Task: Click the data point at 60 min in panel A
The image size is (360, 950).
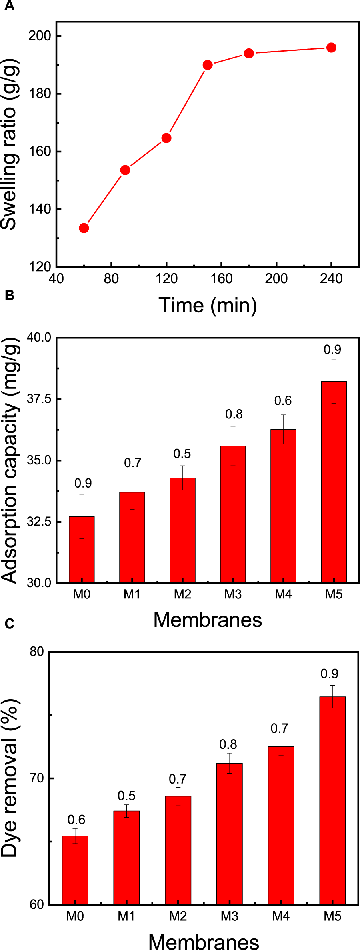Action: coord(84,228)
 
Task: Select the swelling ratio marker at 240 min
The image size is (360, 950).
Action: coord(331,48)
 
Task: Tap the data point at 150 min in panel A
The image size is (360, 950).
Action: coord(208,65)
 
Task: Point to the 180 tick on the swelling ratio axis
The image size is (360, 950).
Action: coord(40,94)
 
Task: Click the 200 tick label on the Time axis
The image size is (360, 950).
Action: coord(276,278)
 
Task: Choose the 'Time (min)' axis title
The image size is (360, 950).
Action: coord(208,305)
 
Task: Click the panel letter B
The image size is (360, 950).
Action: coord(9,295)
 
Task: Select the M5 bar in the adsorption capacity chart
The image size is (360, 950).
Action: coord(334,482)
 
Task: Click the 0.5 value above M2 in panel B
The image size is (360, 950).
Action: coord(182,454)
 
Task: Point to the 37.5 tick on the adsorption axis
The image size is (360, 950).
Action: coord(39,399)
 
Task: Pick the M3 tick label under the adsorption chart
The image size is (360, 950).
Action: coord(233,594)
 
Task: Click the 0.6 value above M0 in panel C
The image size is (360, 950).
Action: coord(76,820)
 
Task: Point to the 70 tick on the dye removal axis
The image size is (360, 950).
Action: coord(36,778)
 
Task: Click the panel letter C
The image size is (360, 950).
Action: coord(9,623)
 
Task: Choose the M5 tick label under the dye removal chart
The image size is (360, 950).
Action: coord(332,916)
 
